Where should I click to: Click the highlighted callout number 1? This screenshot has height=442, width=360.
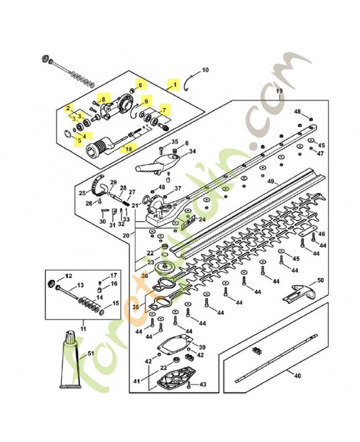coord(176,85)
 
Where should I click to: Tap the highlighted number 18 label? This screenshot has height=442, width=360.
coord(129,149)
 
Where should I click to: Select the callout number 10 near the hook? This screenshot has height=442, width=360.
coord(205,70)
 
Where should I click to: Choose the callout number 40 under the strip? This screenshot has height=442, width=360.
coord(297,376)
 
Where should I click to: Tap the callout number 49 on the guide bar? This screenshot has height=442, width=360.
coord(271,181)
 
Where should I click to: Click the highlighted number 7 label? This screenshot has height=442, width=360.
coord(163,110)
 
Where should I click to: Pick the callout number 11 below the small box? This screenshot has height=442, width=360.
coord(83,328)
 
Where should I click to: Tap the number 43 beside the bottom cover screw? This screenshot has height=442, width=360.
coord(203,384)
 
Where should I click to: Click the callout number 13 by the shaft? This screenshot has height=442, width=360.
coord(80,286)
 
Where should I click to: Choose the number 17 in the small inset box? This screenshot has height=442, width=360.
coord(113,275)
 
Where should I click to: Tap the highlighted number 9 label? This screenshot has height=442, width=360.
coord(146,101)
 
